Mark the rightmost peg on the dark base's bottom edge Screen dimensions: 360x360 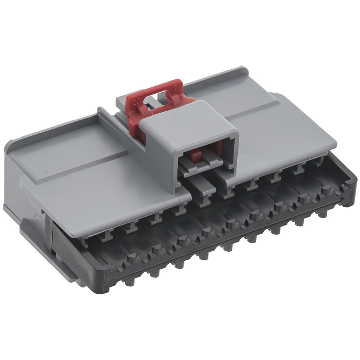point(323,214)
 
